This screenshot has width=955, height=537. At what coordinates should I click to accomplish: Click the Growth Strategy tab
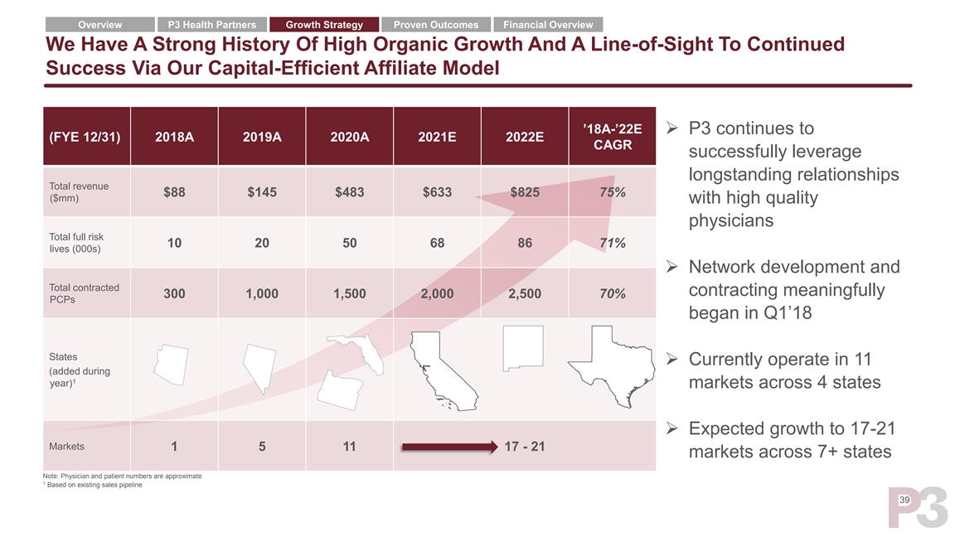324,25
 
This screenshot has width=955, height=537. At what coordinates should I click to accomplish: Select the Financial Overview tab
548,25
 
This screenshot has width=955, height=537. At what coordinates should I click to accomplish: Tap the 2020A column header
349,137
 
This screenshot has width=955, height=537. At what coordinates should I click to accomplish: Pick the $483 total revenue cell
349,192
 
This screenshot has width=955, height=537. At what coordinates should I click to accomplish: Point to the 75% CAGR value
612,192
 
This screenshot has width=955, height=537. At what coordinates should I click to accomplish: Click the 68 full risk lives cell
437,244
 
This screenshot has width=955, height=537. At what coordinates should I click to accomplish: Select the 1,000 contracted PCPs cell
262,294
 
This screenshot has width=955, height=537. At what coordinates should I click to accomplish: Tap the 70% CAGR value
612,294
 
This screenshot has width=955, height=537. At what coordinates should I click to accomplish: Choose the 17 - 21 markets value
524,447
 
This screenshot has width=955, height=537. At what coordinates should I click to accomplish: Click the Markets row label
67,447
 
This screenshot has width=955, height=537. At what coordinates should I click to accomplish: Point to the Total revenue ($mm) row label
80,192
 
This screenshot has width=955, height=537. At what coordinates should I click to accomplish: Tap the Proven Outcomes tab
435,25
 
